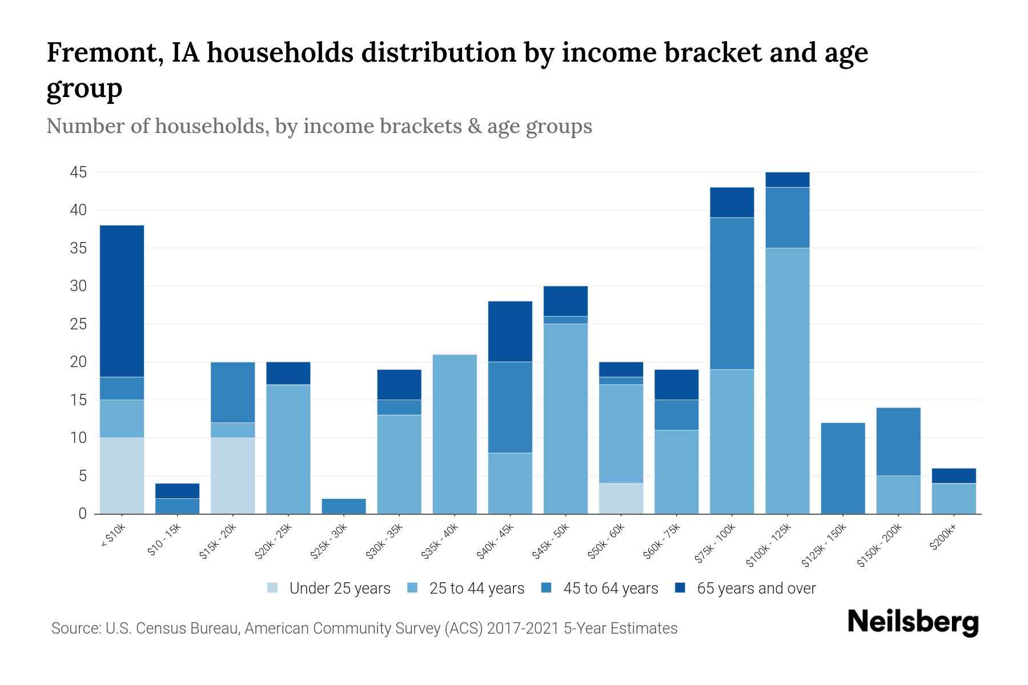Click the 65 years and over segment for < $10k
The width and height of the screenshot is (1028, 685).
pos(122,301)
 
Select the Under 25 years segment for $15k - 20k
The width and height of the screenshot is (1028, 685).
pos(232,476)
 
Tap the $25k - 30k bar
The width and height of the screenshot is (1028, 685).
pos(343,506)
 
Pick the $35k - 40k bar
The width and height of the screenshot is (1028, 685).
pos(455,434)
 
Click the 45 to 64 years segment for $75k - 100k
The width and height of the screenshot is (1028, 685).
pos(732,293)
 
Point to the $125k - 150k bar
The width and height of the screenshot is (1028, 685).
pos(842,468)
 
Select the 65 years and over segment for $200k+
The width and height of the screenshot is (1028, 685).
pos(953,476)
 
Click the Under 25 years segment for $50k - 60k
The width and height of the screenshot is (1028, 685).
pos(621,498)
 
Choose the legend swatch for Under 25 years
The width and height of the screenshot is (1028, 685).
pos(273,588)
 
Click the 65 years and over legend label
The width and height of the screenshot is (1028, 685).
pos(756,589)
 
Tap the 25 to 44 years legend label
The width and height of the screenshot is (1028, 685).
pos(477,589)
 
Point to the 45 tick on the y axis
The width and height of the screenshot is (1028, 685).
pos(78,172)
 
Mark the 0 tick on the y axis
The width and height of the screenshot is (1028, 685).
pos(83,514)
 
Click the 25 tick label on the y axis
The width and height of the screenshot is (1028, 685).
pos(78,324)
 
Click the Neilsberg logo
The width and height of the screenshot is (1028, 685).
pos(913,622)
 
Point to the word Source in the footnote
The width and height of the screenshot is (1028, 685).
pos(74,628)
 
